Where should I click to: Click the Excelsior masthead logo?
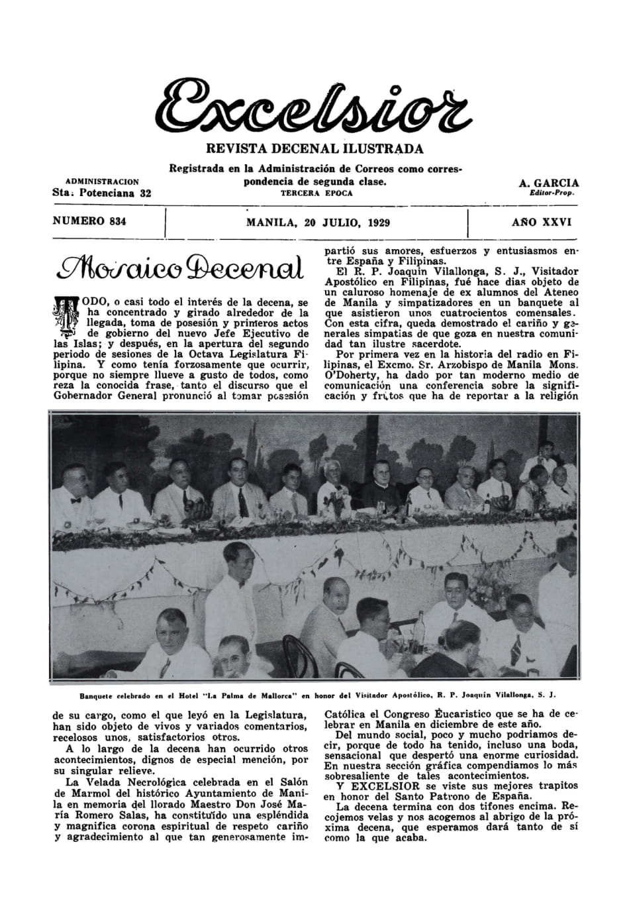314,106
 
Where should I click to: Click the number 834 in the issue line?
115,222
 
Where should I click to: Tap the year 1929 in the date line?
375,223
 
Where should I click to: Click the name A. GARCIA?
548,183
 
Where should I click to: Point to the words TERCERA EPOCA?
316,193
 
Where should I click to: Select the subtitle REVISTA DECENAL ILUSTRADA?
314,148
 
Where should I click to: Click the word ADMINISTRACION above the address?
102,181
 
